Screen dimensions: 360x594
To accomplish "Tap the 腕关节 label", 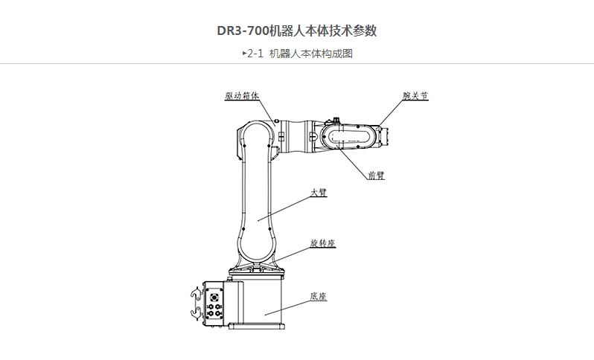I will (415, 96).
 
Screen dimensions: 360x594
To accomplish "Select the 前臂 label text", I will (377, 176).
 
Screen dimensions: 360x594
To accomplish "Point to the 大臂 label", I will (319, 192).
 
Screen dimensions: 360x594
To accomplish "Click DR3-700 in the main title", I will (243, 31).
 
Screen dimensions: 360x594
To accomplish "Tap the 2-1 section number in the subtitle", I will (256, 54).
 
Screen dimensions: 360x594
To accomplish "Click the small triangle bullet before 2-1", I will (244, 53).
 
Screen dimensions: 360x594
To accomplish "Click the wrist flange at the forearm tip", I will (386, 135).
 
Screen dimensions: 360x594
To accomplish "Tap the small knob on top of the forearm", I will (336, 118).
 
